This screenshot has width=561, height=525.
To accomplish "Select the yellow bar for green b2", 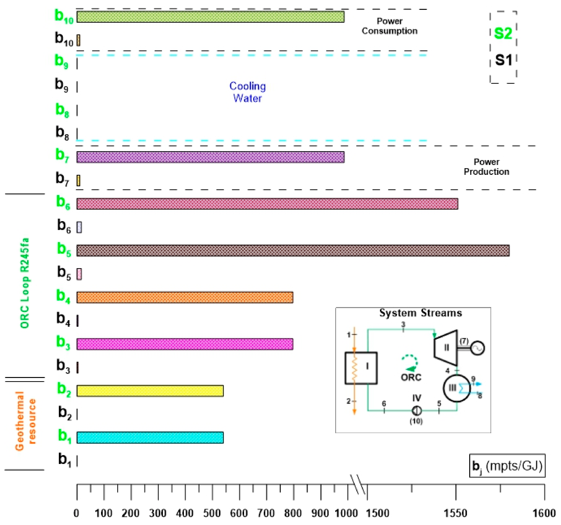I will tap(150, 391).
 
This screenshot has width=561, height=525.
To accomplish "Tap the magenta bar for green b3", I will tap(185, 344).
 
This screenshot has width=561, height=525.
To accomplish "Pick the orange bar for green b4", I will tap(185, 297).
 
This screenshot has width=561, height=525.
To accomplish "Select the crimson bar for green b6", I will tap(267, 204).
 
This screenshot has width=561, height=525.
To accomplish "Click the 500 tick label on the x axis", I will tap(212, 513).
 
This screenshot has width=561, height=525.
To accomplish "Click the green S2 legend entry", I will tap(503, 33).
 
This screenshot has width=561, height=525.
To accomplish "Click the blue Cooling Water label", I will tap(247, 92).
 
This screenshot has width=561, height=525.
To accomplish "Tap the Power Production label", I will tap(486, 167).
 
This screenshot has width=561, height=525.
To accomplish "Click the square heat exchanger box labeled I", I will tap(361, 368).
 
